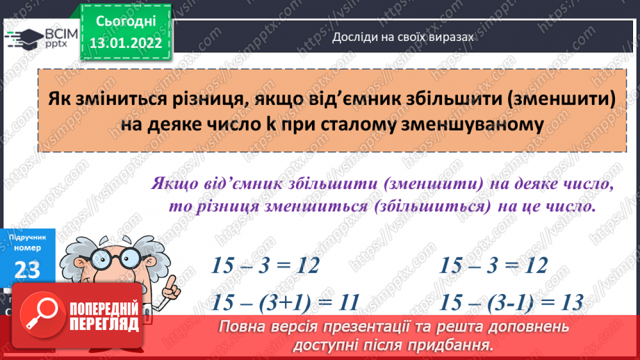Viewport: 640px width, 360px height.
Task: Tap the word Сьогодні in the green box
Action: coord(125,21)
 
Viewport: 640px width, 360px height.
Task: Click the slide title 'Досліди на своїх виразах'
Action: coord(403,38)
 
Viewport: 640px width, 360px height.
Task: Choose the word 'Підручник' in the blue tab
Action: coord(27,238)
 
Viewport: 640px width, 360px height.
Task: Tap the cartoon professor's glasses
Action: coord(111,259)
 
